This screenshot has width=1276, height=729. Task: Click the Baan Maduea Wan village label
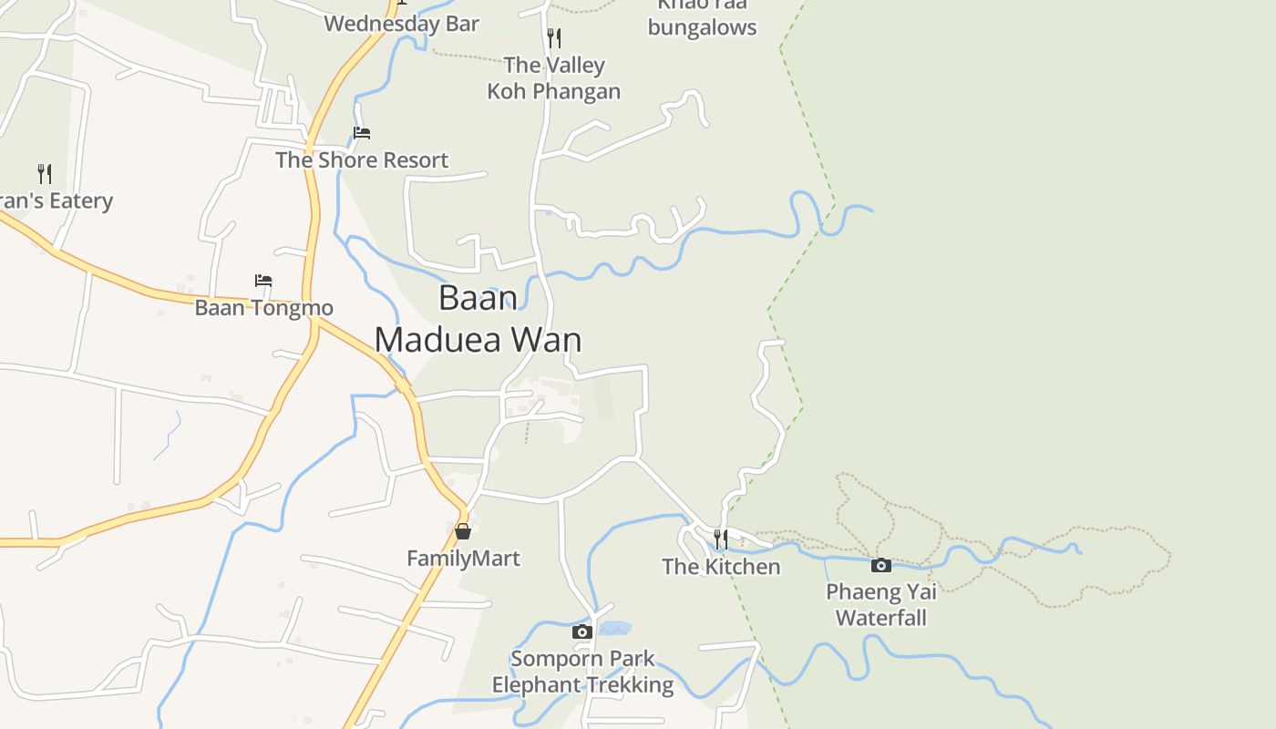tap(478, 318)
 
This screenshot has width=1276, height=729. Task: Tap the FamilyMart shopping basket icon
tap(463, 530)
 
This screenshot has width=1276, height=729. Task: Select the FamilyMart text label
tap(463, 558)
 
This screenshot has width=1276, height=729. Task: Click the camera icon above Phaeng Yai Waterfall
tap(880, 565)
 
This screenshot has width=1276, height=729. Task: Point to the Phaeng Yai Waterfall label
tap(880, 604)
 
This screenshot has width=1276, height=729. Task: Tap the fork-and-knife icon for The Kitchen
tap(720, 539)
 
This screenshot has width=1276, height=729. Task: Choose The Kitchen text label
tap(721, 566)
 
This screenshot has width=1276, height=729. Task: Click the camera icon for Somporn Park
tap(582, 631)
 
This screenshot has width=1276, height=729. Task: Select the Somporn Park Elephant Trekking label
tap(582, 672)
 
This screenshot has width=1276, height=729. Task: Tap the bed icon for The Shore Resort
tap(362, 133)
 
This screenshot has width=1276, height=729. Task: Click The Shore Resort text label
tap(362, 159)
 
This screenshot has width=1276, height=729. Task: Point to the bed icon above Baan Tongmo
tap(263, 281)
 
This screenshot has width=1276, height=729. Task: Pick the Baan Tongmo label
tap(263, 307)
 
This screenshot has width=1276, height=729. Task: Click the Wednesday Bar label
tap(401, 24)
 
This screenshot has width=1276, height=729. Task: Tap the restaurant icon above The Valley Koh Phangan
tap(553, 37)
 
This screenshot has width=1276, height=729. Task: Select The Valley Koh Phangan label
tap(553, 77)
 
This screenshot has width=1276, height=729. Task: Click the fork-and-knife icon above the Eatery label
tap(44, 173)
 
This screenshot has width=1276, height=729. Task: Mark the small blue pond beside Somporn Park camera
tap(614, 628)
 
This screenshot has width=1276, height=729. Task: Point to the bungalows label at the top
tap(702, 26)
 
